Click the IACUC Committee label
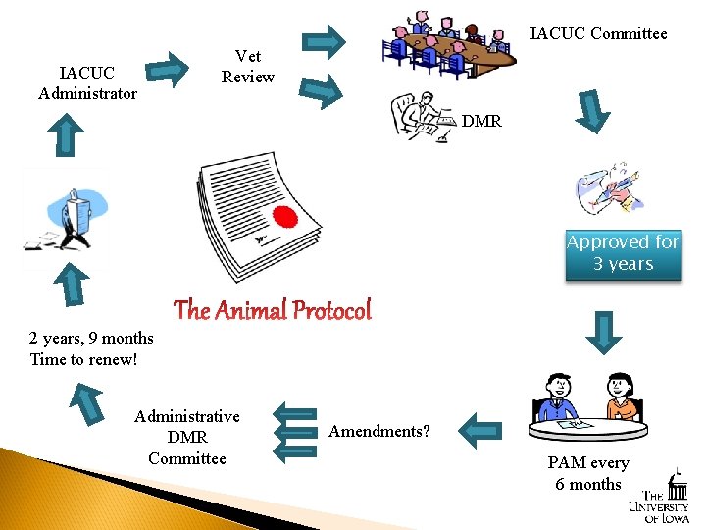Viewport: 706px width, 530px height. (x=598, y=34)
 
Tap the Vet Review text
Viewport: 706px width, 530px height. (x=248, y=67)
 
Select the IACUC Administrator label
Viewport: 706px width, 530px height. (x=87, y=83)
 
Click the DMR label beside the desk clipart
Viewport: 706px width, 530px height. (x=481, y=122)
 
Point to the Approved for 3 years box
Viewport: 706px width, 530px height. (x=623, y=253)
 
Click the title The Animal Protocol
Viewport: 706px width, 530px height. (x=273, y=311)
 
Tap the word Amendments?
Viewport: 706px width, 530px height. (x=378, y=431)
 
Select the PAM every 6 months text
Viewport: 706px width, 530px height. (x=588, y=473)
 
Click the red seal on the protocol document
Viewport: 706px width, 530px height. (x=284, y=217)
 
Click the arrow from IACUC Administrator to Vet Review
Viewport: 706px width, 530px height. (x=173, y=69)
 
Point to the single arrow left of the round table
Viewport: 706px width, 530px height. (x=480, y=429)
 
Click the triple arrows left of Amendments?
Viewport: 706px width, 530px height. (x=294, y=431)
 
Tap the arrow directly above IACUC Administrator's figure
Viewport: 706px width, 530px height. (x=66, y=134)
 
